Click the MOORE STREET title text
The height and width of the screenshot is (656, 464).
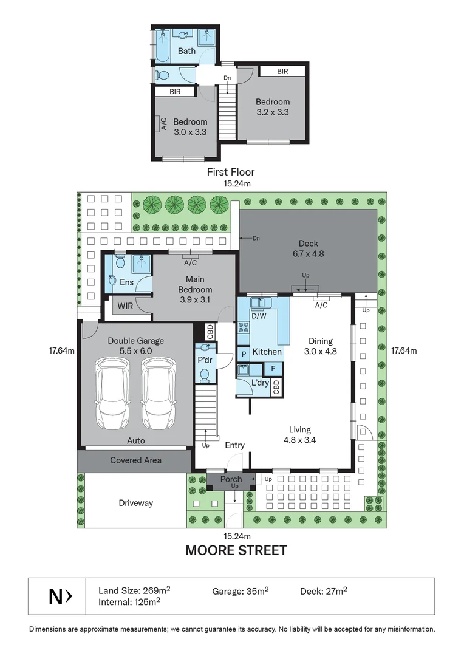pyautogui.click(x=236, y=551)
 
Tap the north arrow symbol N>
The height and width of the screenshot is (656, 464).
pyautogui.click(x=61, y=597)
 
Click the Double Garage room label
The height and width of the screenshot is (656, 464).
pyautogui.click(x=135, y=346)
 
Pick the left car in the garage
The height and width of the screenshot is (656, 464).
pyautogui.click(x=111, y=394)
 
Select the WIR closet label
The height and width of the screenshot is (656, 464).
pyautogui.click(x=125, y=306)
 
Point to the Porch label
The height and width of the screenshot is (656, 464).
pyautogui.click(x=231, y=479)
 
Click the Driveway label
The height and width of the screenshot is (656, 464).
pyautogui.click(x=135, y=503)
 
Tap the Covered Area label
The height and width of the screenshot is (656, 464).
pyautogui.click(x=135, y=460)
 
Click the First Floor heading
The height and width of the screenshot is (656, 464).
pyautogui.click(x=230, y=172)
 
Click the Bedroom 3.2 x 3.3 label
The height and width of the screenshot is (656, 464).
pyautogui.click(x=272, y=107)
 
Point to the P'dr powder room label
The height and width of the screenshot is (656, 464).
pyautogui.click(x=205, y=360)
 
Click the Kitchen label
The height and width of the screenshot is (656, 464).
pyautogui.click(x=267, y=352)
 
